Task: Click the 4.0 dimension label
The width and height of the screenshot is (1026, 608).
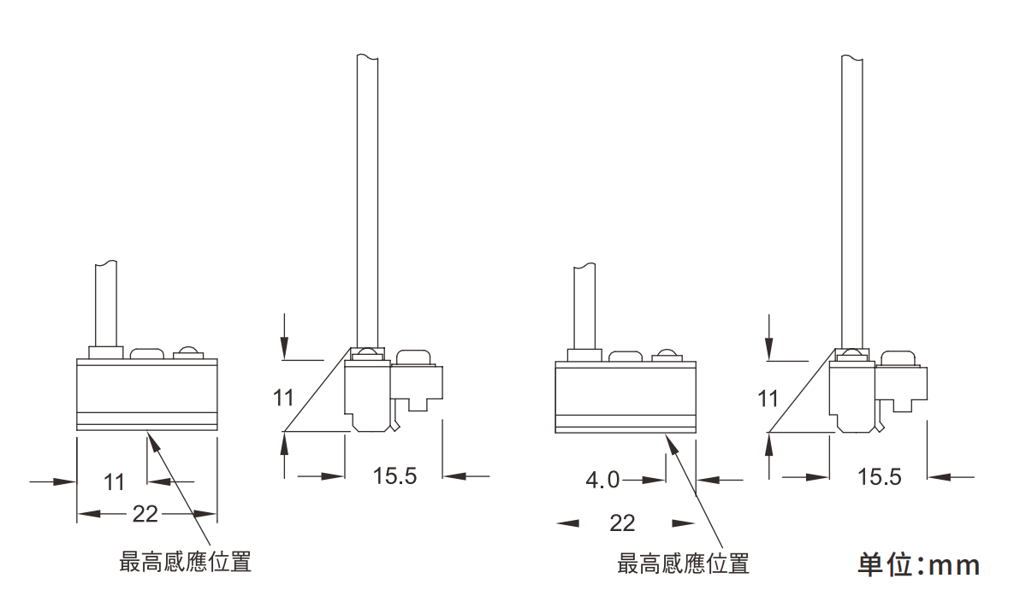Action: point(602,480)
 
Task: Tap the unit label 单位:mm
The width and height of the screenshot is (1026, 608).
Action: point(918,565)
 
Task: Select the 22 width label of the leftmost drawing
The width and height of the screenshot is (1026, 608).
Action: point(146,513)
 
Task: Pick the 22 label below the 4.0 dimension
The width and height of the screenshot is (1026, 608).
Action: point(622,522)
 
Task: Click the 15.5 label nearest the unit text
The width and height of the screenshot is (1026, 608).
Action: point(879,475)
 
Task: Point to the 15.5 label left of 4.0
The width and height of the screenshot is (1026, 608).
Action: point(394,475)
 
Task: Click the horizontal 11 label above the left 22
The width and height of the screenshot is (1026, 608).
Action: point(114,481)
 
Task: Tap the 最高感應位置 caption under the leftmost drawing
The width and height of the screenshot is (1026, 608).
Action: point(185,562)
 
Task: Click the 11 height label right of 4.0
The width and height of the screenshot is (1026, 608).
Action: point(768,398)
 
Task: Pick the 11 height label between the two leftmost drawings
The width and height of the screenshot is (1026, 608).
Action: point(283,398)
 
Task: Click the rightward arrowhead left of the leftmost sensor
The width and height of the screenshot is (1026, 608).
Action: point(66,481)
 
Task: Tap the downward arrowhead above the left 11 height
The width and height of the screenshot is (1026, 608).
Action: point(285,347)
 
